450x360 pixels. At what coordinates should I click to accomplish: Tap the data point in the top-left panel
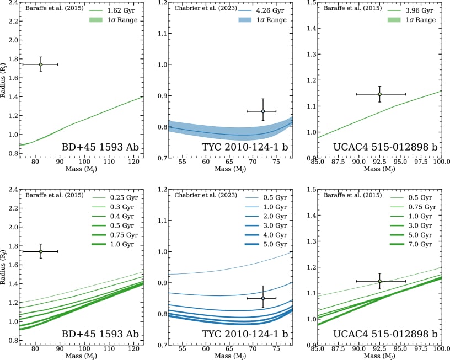pyautogui.click(x=41, y=65)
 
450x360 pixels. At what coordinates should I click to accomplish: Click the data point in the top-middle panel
pyautogui.click(x=263, y=111)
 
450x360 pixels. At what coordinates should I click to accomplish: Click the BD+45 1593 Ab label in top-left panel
pyautogui.click(x=103, y=148)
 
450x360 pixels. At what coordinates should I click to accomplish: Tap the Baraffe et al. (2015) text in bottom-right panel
pyautogui.click(x=349, y=195)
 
